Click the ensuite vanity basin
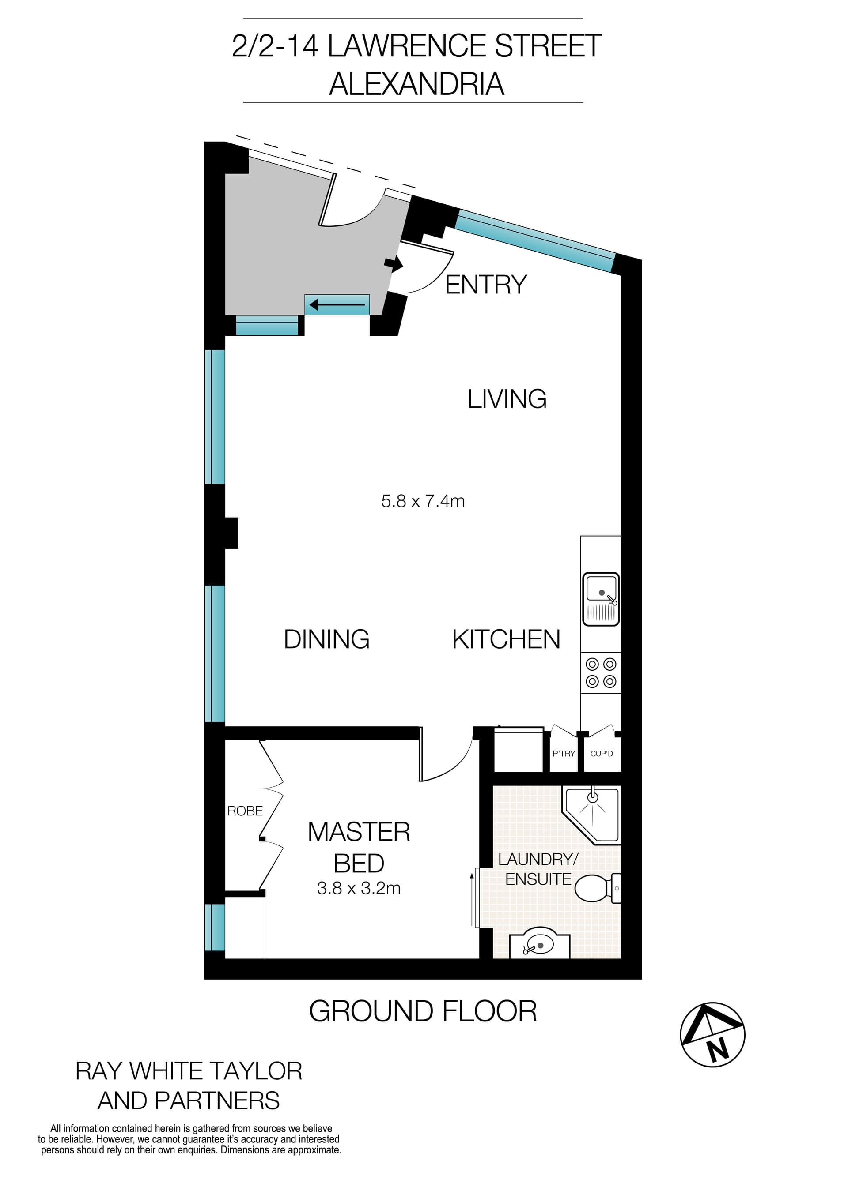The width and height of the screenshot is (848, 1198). pyautogui.click(x=539, y=945)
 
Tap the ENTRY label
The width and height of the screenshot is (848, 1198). pyautogui.click(x=486, y=285)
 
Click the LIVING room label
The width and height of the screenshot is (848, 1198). pyautogui.click(x=507, y=399)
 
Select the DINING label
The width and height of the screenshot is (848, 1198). pyautogui.click(x=326, y=640)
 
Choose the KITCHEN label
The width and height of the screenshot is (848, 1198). pyautogui.click(x=506, y=640)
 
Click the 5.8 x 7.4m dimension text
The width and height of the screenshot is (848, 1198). pyautogui.click(x=423, y=501)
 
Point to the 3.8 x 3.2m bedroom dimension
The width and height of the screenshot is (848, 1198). pyautogui.click(x=359, y=888)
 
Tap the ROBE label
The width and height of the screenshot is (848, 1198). pyautogui.click(x=245, y=811)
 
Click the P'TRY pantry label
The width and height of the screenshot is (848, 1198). pyautogui.click(x=564, y=754)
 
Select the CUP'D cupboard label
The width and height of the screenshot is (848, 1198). pyautogui.click(x=602, y=754)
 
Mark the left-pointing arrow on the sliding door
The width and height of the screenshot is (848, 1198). pyautogui.click(x=337, y=304)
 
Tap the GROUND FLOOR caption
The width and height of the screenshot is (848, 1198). pyautogui.click(x=423, y=1011)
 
